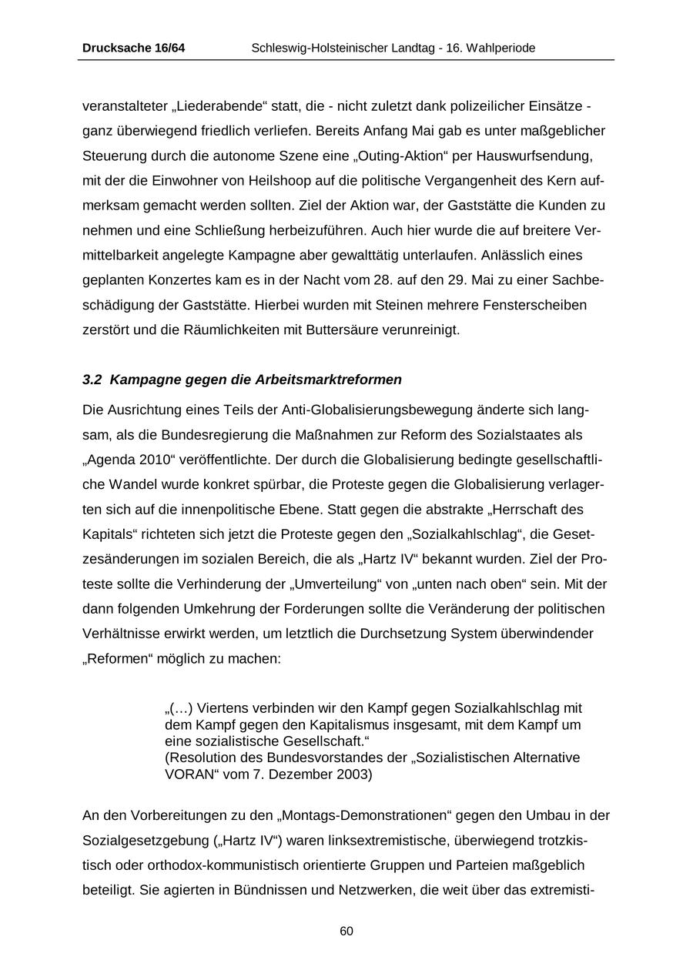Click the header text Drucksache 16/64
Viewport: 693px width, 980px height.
coord(133,48)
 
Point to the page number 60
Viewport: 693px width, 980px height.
coord(346,931)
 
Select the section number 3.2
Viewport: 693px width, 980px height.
coord(92,380)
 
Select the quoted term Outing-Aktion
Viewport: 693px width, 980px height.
coord(402,156)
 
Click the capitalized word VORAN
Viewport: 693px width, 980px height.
coord(190,774)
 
